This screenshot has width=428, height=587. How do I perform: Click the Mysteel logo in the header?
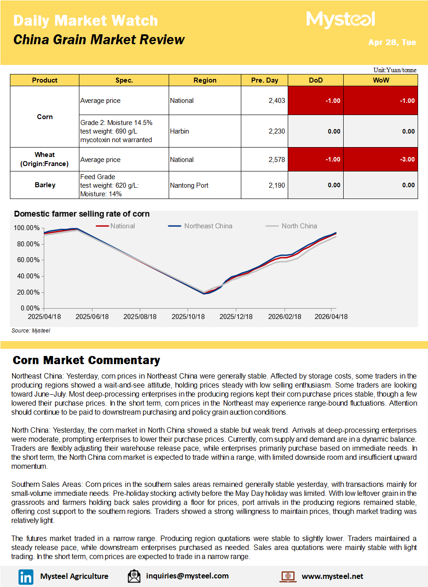pos(341,20)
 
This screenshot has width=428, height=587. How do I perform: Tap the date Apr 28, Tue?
pos(392,42)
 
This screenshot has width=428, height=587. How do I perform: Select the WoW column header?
pos(381,80)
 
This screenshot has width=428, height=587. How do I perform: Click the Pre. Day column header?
pos(265,80)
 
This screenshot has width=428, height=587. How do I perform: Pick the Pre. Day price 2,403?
pos(276,101)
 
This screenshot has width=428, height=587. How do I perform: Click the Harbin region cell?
pos(179,131)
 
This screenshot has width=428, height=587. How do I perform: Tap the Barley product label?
pos(45,185)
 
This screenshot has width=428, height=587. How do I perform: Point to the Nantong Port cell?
pos(189,185)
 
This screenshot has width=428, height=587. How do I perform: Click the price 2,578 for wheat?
pos(276,160)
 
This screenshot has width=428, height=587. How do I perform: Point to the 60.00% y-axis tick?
pos(27,260)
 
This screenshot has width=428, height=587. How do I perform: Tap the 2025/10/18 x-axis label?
pos(188,317)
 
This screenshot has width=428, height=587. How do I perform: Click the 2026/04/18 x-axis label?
pos(331,317)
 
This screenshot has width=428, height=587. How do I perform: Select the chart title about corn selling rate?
pos(82,214)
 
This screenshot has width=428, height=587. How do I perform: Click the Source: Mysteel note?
pos(31,331)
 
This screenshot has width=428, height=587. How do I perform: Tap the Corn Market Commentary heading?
pos(86,360)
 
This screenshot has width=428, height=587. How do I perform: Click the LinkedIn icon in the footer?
pos(26,577)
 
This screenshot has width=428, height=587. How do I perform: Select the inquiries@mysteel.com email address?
pos(187,576)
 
